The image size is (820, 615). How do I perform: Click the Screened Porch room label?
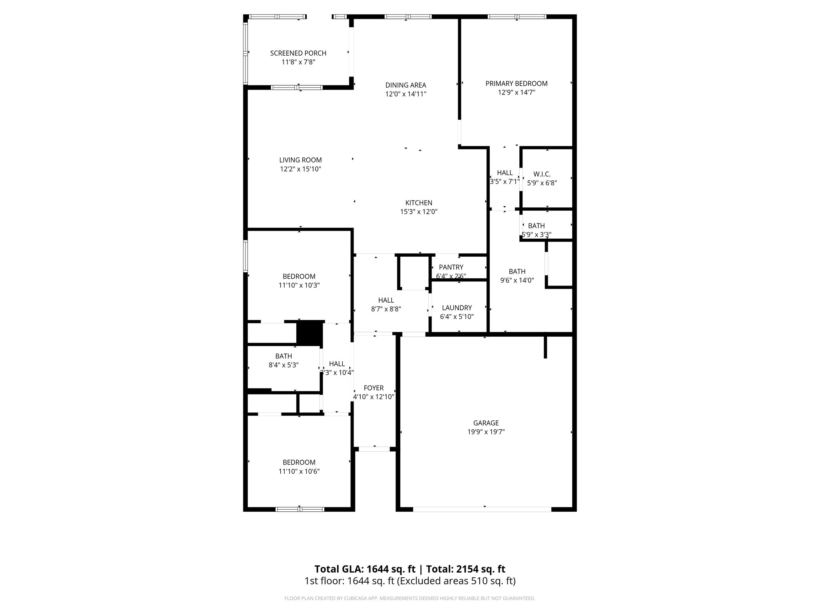(x=298, y=53)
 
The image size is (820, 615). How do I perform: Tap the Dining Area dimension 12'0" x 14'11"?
(x=406, y=94)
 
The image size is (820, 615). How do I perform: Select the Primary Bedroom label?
(x=517, y=84)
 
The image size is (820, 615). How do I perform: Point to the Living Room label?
(x=300, y=160)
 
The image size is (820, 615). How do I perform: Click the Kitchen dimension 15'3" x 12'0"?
(x=419, y=212)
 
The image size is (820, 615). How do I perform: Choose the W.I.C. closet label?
(x=542, y=174)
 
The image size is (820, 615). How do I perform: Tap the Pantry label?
(x=451, y=267)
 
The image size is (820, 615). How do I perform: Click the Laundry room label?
(x=457, y=308)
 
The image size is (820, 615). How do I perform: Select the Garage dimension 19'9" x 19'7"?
(x=486, y=432)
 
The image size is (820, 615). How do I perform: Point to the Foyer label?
(x=374, y=388)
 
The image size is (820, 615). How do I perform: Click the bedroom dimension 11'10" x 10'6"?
(x=299, y=471)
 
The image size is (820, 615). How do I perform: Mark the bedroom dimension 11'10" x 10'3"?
(x=299, y=285)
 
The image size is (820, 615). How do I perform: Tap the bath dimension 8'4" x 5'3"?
(x=283, y=365)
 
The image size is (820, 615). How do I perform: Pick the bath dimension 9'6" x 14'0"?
(x=517, y=281)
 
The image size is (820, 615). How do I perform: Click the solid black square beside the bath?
(x=310, y=332)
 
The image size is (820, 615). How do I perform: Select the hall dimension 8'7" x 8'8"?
(x=386, y=309)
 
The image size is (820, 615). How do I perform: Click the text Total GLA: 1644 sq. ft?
(x=365, y=569)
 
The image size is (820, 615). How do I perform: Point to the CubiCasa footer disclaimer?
(x=410, y=599)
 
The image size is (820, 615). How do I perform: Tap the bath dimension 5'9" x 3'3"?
(x=537, y=235)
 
